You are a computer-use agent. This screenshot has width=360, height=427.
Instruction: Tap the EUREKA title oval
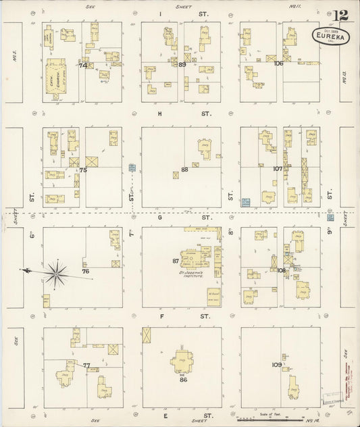pos(331,37)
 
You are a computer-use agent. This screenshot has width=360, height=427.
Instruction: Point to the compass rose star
pos(57,272)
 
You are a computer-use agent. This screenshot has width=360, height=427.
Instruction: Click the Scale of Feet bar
pos(270,420)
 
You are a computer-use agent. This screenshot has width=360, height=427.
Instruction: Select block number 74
pos(83,66)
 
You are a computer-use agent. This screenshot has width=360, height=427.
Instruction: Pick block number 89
pos(182,64)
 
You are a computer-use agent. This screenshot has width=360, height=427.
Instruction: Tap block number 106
pos(278,63)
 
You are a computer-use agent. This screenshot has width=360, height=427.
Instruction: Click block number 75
pos(83,170)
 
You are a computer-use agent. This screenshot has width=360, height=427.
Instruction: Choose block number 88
pos(184,170)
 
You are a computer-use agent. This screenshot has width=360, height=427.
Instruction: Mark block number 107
pos(278,169)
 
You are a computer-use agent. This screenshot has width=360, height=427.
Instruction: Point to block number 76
pos(86,271)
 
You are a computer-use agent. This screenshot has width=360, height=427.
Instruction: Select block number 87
pos(176,261)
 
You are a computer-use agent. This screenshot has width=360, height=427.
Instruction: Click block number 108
pos(281,270)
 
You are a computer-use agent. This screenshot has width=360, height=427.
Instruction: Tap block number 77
pos(86,366)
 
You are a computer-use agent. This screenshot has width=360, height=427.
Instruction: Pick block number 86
pos(182,380)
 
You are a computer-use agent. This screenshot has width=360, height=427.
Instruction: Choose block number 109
pos(277,365)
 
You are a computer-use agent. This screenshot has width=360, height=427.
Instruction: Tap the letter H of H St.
pos(160,114)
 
